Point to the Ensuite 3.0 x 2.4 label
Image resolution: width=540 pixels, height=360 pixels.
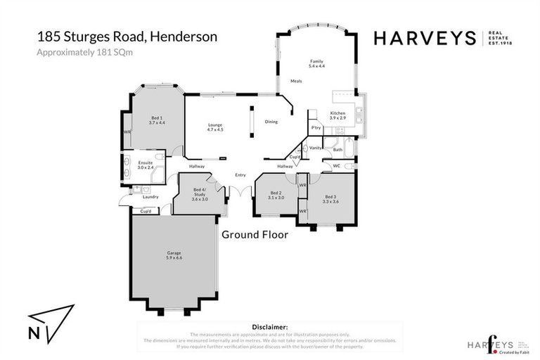(x=146, y=165)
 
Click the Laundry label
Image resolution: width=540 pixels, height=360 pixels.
(x=150, y=197)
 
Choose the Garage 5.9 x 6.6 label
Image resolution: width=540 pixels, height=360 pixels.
(x=174, y=255)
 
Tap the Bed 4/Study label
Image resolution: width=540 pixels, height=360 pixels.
(x=200, y=194)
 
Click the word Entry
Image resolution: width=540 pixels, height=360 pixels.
(x=240, y=175)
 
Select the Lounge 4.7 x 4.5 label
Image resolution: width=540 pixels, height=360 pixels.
(x=215, y=127)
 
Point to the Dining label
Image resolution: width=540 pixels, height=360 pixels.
(x=271, y=122)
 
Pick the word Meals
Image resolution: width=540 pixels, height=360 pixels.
(x=296, y=81)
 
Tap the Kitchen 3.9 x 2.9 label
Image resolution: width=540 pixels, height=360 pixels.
(x=337, y=115)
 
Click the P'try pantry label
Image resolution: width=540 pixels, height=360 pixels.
(x=316, y=127)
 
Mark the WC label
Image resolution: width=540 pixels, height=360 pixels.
(x=336, y=166)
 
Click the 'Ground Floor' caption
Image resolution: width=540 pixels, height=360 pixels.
(x=255, y=235)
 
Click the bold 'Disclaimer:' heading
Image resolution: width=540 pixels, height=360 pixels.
(x=270, y=327)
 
